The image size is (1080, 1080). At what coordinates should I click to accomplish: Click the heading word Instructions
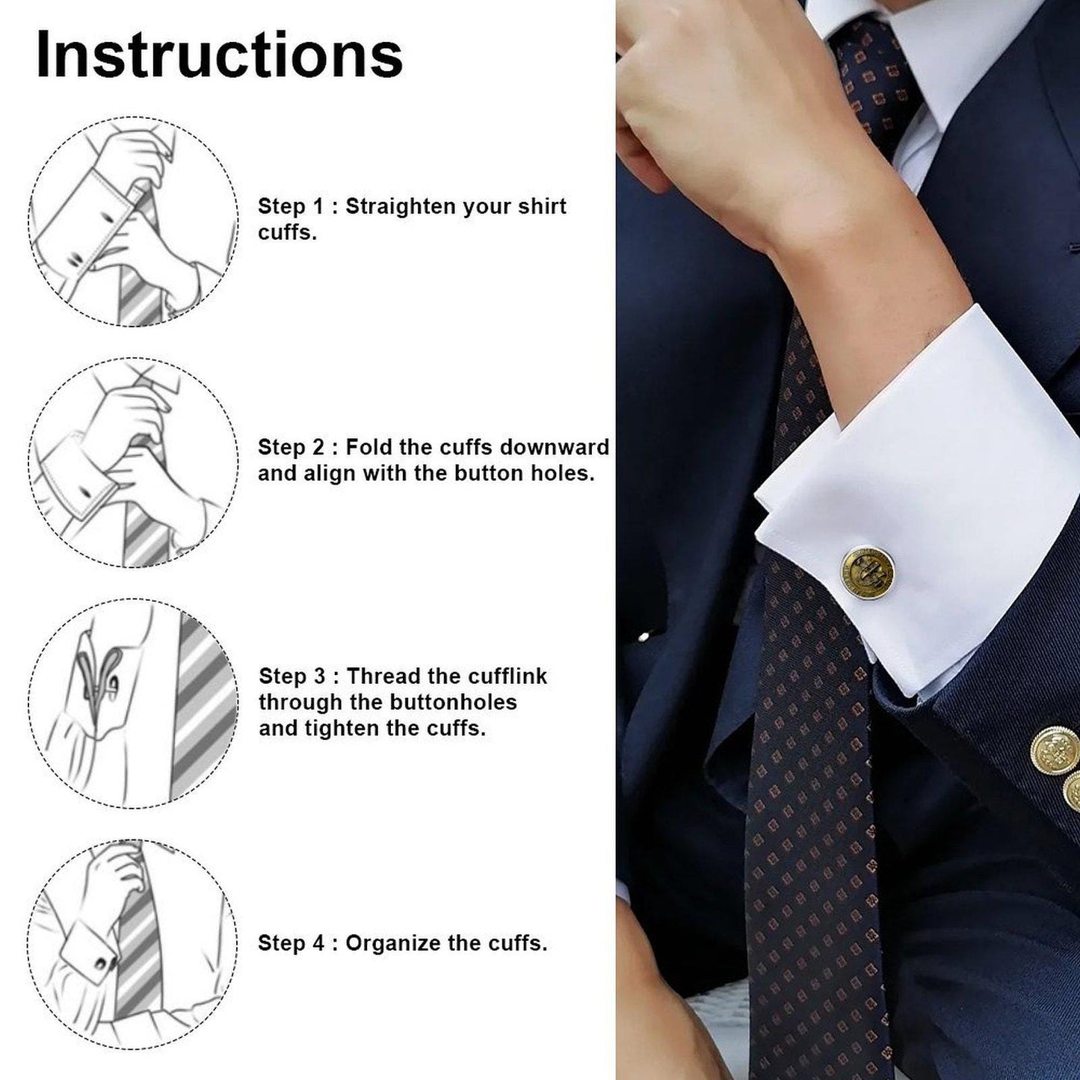coord(219,55)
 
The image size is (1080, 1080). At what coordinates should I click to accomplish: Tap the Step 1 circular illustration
coord(133,221)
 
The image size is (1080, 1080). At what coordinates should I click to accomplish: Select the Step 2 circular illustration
coord(133,462)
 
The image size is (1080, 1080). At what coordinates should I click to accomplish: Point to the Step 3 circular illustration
coord(133,703)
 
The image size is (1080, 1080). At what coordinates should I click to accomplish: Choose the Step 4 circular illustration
coord(133,944)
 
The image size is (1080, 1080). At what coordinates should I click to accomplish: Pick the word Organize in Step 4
coord(393,943)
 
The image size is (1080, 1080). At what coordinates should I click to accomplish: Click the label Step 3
coord(292,676)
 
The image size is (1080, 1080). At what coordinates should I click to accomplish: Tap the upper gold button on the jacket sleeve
coord(1055,747)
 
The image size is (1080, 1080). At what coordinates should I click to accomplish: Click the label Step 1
coord(291,206)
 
